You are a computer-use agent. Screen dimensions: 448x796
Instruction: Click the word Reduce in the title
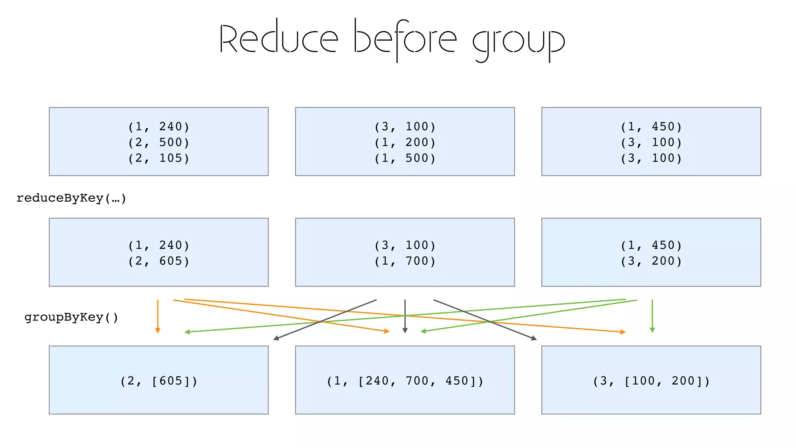coord(279,39)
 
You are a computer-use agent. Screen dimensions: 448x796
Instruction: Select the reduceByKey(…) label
coord(72,198)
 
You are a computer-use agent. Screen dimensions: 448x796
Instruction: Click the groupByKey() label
coord(72,317)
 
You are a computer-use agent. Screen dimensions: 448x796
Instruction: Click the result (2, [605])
coord(159,381)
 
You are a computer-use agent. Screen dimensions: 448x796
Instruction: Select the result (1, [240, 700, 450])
coord(405,381)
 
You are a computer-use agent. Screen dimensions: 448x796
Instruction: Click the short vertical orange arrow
coord(158,316)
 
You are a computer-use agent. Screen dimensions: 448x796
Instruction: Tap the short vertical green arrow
coord(652,316)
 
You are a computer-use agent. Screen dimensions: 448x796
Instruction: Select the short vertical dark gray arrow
coord(405,316)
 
